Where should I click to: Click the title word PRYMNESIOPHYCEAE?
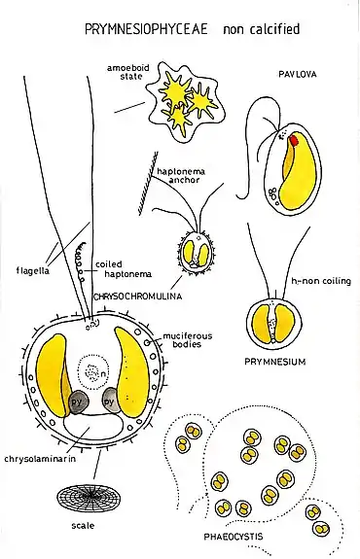click(x=146, y=29)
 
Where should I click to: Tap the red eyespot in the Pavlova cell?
click(x=294, y=140)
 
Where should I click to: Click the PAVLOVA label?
click(x=297, y=74)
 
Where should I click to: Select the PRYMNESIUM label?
click(x=274, y=362)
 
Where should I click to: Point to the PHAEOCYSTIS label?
click(x=234, y=537)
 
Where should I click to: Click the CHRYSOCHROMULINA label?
click(x=137, y=297)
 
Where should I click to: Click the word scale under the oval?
click(x=83, y=525)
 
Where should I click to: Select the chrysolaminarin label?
click(x=40, y=459)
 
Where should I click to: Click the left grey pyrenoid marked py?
click(x=78, y=402)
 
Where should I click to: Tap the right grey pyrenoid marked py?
click(x=110, y=401)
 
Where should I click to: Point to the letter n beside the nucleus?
click(x=103, y=374)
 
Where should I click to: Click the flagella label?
click(x=33, y=271)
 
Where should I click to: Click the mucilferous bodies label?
click(x=188, y=339)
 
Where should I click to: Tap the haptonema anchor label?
click(x=181, y=175)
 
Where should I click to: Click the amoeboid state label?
click(x=128, y=72)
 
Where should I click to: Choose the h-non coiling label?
click(x=321, y=281)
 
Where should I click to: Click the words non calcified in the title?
click(x=261, y=29)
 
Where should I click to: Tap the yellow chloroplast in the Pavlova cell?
click(x=298, y=175)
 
